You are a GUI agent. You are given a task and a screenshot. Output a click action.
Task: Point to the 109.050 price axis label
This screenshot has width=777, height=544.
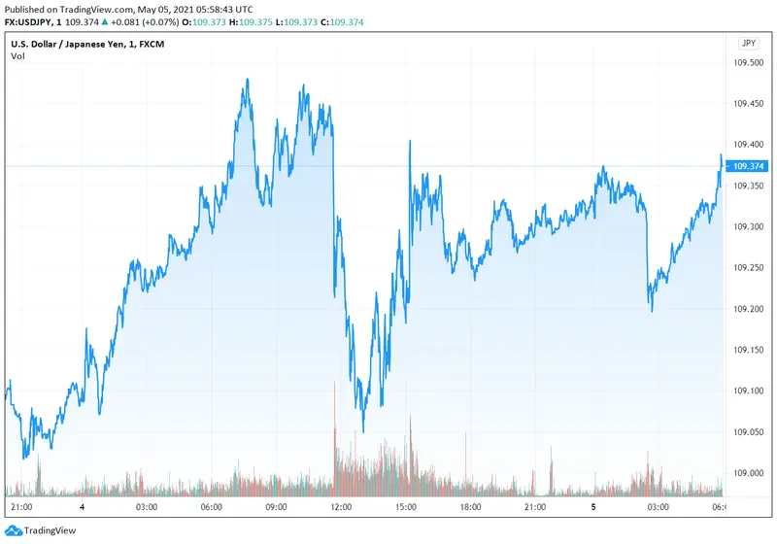(748, 432)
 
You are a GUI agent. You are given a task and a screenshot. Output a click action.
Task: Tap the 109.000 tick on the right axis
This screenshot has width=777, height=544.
(748, 473)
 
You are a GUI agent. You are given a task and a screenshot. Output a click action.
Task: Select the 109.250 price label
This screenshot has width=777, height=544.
(748, 267)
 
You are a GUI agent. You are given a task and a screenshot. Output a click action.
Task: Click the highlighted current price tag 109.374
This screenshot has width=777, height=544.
(748, 166)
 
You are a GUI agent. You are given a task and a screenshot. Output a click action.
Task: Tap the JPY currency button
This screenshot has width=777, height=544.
(748, 43)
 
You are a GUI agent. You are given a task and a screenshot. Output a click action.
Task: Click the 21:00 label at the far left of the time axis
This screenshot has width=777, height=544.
(20, 507)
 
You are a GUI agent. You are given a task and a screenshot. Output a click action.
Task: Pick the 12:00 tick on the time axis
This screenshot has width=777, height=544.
(341, 507)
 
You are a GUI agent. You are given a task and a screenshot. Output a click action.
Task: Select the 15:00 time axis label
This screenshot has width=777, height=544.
(405, 507)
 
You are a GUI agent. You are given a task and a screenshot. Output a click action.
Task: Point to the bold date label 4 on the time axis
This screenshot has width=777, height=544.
(83, 507)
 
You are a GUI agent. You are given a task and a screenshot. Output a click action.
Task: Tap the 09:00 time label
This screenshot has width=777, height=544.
(277, 507)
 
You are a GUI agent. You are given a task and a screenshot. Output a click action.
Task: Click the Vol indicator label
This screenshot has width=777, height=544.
(17, 56)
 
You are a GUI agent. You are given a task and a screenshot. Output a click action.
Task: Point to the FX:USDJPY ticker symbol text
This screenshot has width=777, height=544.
(29, 22)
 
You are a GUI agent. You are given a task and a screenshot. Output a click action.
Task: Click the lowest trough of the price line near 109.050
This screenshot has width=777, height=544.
(363, 431)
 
